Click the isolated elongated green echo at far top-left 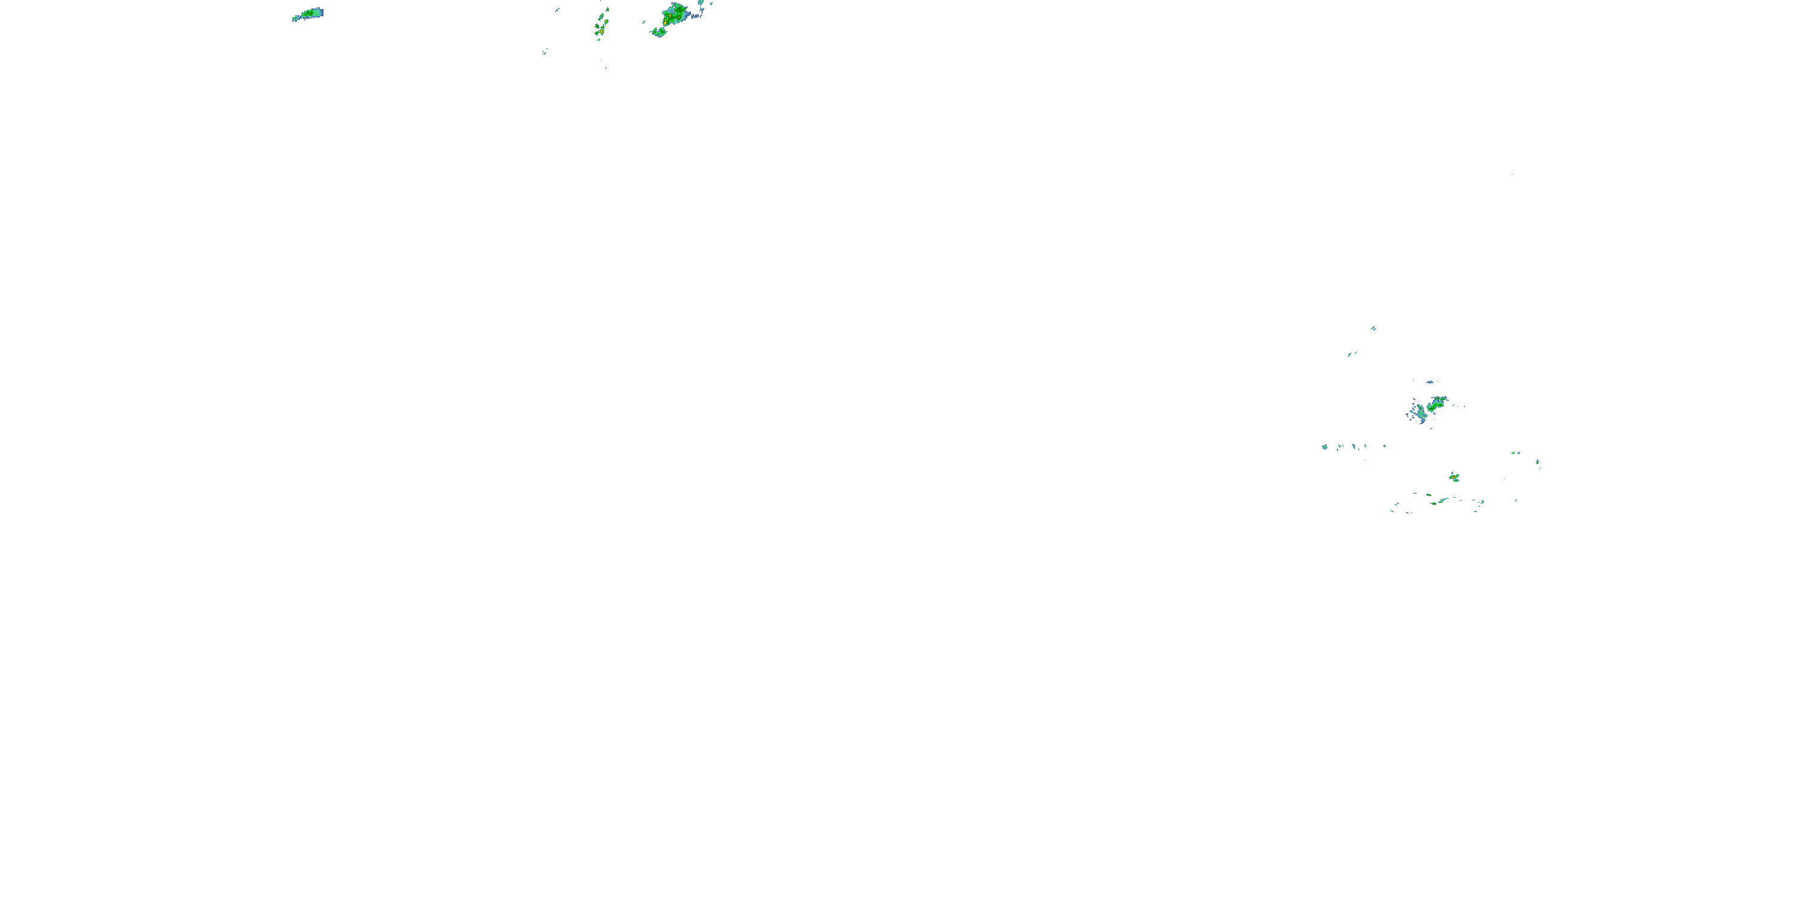(308, 14)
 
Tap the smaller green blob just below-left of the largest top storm (659, 31)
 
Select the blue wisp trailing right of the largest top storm (698, 13)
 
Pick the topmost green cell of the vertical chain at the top (607, 10)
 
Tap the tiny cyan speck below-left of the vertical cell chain (544, 51)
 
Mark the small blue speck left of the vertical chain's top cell (556, 10)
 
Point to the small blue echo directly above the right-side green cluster (1429, 382)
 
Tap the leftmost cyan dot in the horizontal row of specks (1325, 446)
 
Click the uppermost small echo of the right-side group (1373, 328)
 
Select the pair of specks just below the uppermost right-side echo (1351, 354)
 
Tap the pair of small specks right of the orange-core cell (1515, 453)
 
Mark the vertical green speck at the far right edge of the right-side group (1537, 463)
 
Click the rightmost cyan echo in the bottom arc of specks (1481, 502)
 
